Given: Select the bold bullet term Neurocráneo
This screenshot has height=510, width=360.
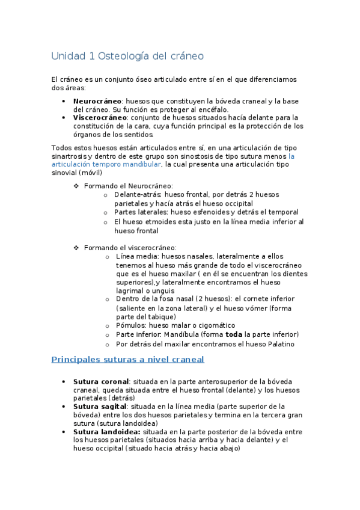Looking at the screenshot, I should pyautogui.click(x=97, y=101).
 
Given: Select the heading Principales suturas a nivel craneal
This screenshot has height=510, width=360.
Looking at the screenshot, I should pyautogui.click(x=127, y=359).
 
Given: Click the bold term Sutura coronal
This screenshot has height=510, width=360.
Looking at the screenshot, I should pyautogui.click(x=101, y=381).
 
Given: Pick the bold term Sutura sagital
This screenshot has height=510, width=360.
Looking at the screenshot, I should pyautogui.click(x=100, y=407).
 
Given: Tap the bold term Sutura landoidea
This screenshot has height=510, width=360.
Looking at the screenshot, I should pyautogui.click(x=107, y=431).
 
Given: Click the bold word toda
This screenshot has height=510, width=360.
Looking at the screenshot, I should pyautogui.click(x=234, y=334).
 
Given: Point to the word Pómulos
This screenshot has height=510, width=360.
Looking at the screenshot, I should pyautogui.click(x=130, y=325).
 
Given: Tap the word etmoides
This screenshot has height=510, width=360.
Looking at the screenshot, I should pyautogui.click(x=155, y=222).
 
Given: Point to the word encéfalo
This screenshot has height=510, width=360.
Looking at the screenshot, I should pyautogui.click(x=212, y=109).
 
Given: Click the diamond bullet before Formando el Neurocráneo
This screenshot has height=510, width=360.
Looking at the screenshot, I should pyautogui.click(x=76, y=186).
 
